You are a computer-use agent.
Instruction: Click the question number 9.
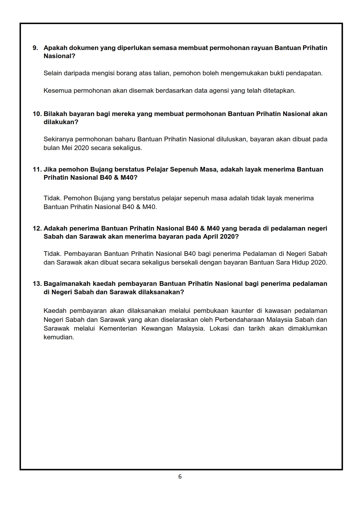click(35, 48)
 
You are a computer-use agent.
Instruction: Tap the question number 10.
click(37, 114)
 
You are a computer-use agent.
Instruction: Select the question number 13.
click(37, 284)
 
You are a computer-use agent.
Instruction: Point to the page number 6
click(180, 477)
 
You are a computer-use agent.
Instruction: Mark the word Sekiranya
click(58, 139)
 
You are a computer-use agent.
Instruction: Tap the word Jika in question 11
click(50, 170)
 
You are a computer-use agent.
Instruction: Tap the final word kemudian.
click(59, 338)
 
